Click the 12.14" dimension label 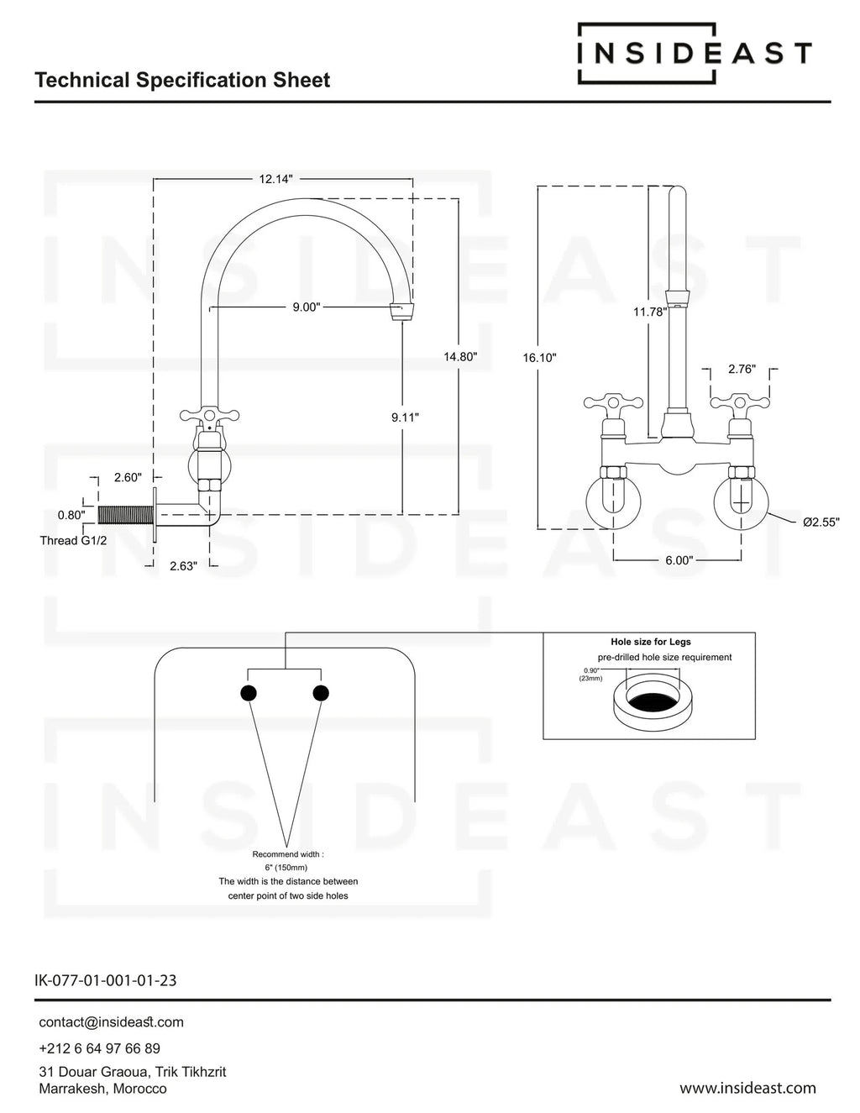tap(275, 179)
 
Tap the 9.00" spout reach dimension tap(306, 307)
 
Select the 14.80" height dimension tap(460, 356)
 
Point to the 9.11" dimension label tap(405, 417)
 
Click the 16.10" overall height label tap(539, 358)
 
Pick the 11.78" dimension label tap(650, 312)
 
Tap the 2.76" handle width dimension tap(742, 369)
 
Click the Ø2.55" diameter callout tap(821, 522)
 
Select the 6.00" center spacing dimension tap(679, 560)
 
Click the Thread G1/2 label tap(73, 540)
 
